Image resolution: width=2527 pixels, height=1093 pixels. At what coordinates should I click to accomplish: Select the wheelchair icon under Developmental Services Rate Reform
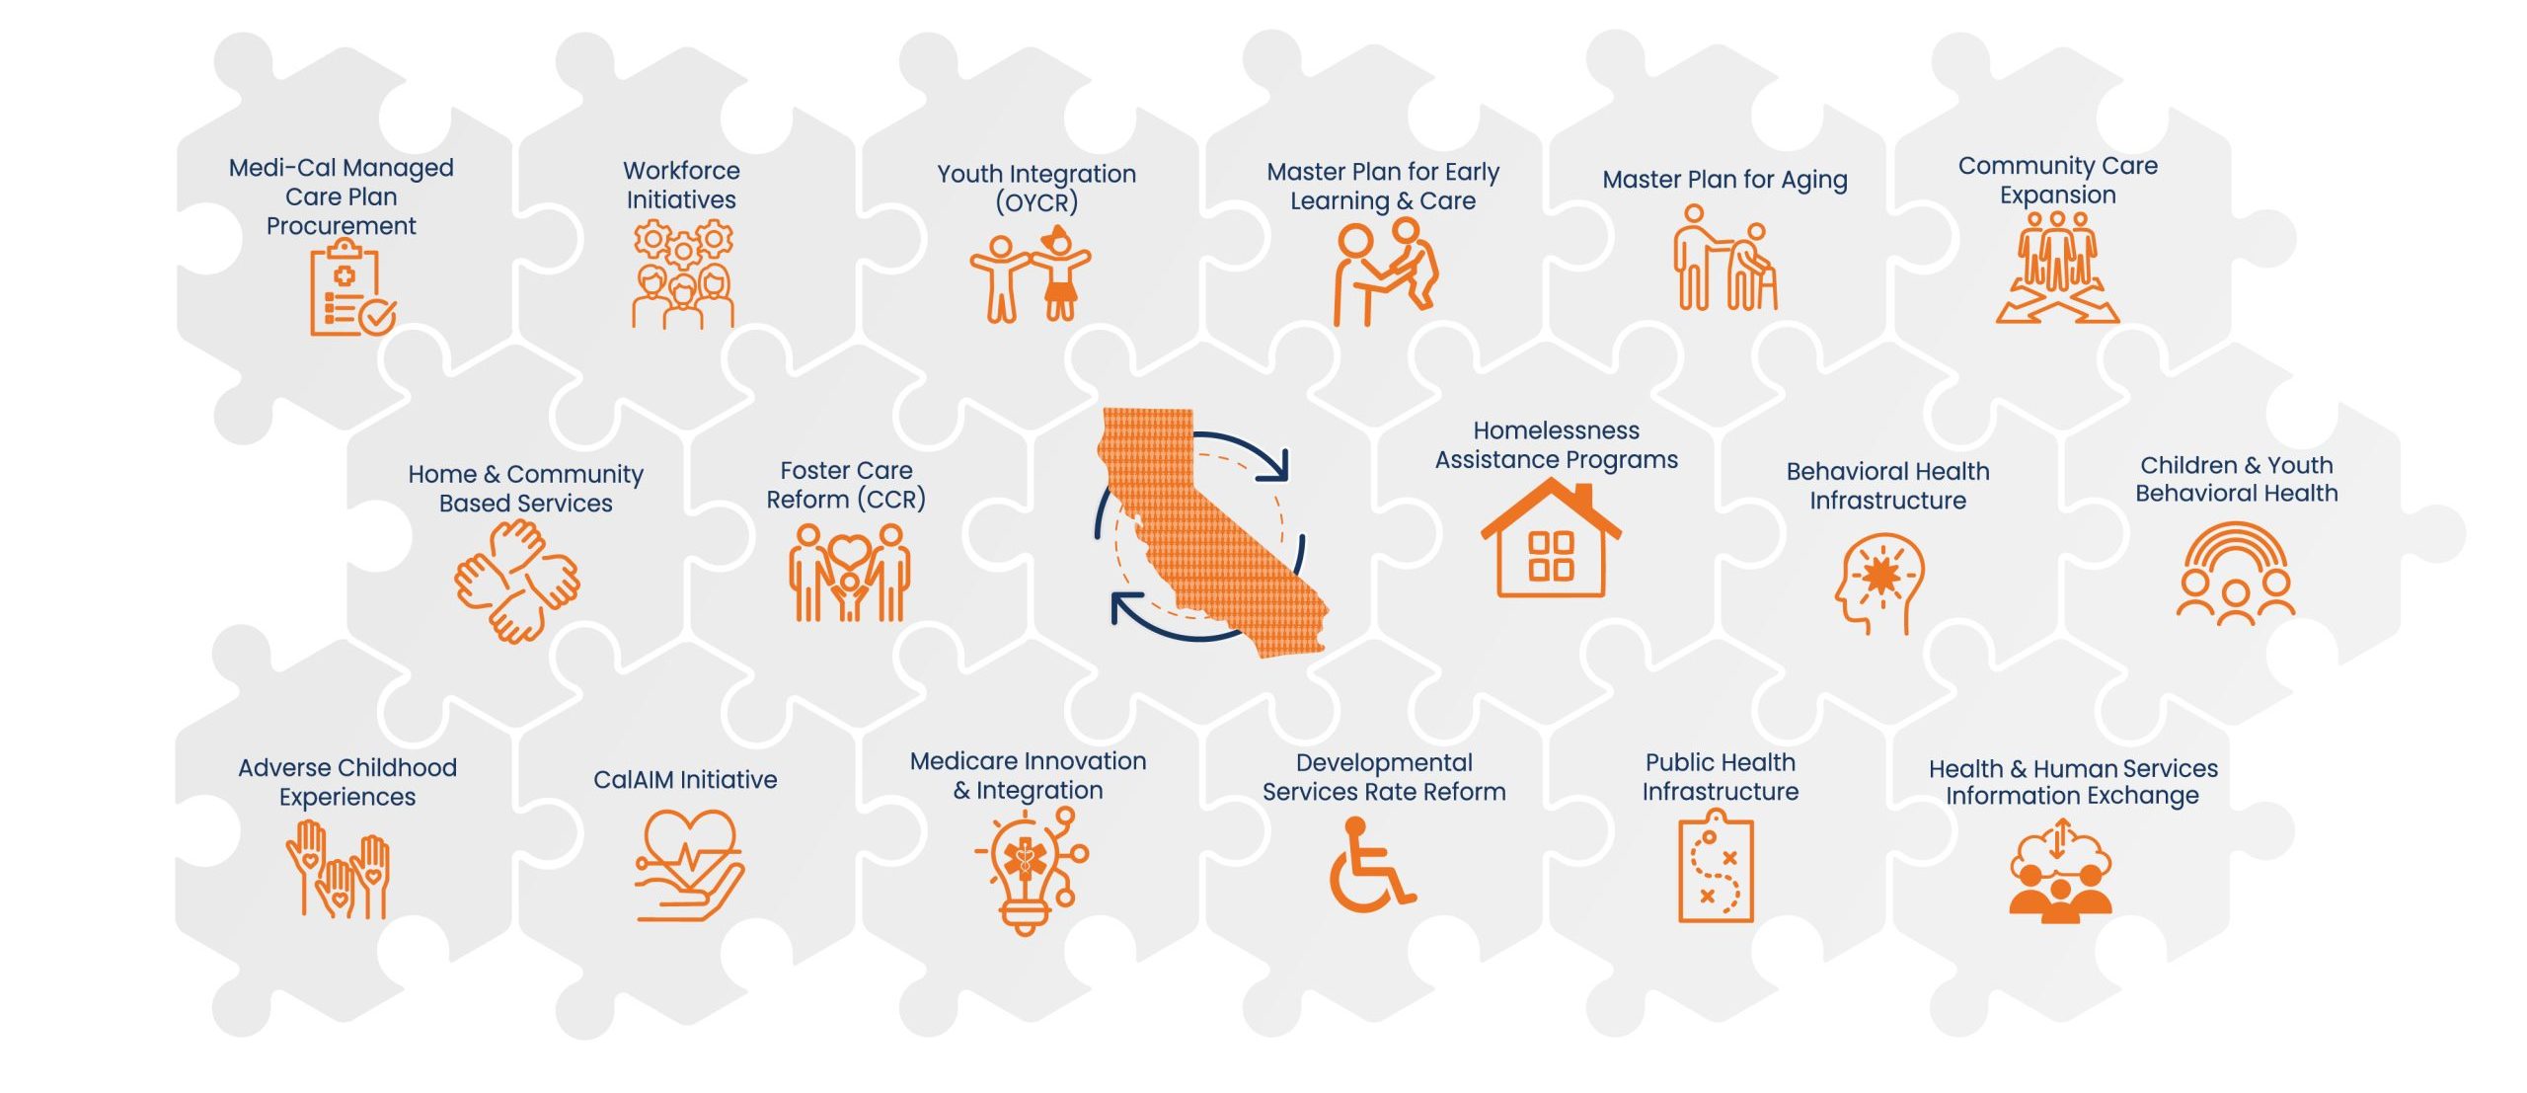click(1371, 865)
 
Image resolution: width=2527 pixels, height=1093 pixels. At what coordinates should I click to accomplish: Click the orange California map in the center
click(1212, 532)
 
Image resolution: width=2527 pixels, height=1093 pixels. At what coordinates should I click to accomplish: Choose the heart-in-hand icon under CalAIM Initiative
click(689, 866)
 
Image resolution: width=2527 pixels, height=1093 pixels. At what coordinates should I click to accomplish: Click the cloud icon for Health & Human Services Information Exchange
click(2060, 874)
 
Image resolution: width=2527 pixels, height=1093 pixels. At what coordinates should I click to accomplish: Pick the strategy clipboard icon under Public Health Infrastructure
click(1717, 867)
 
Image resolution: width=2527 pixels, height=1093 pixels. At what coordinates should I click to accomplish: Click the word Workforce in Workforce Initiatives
click(681, 171)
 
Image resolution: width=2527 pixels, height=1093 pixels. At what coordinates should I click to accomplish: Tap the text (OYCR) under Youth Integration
click(1036, 202)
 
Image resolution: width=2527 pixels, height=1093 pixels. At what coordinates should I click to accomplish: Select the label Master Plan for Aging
click(1724, 180)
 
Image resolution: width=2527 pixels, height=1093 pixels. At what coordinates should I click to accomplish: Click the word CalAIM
click(641, 780)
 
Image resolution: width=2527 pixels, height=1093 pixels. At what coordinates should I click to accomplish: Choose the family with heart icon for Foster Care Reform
click(849, 573)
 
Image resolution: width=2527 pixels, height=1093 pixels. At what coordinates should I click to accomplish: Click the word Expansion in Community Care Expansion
click(2058, 195)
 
